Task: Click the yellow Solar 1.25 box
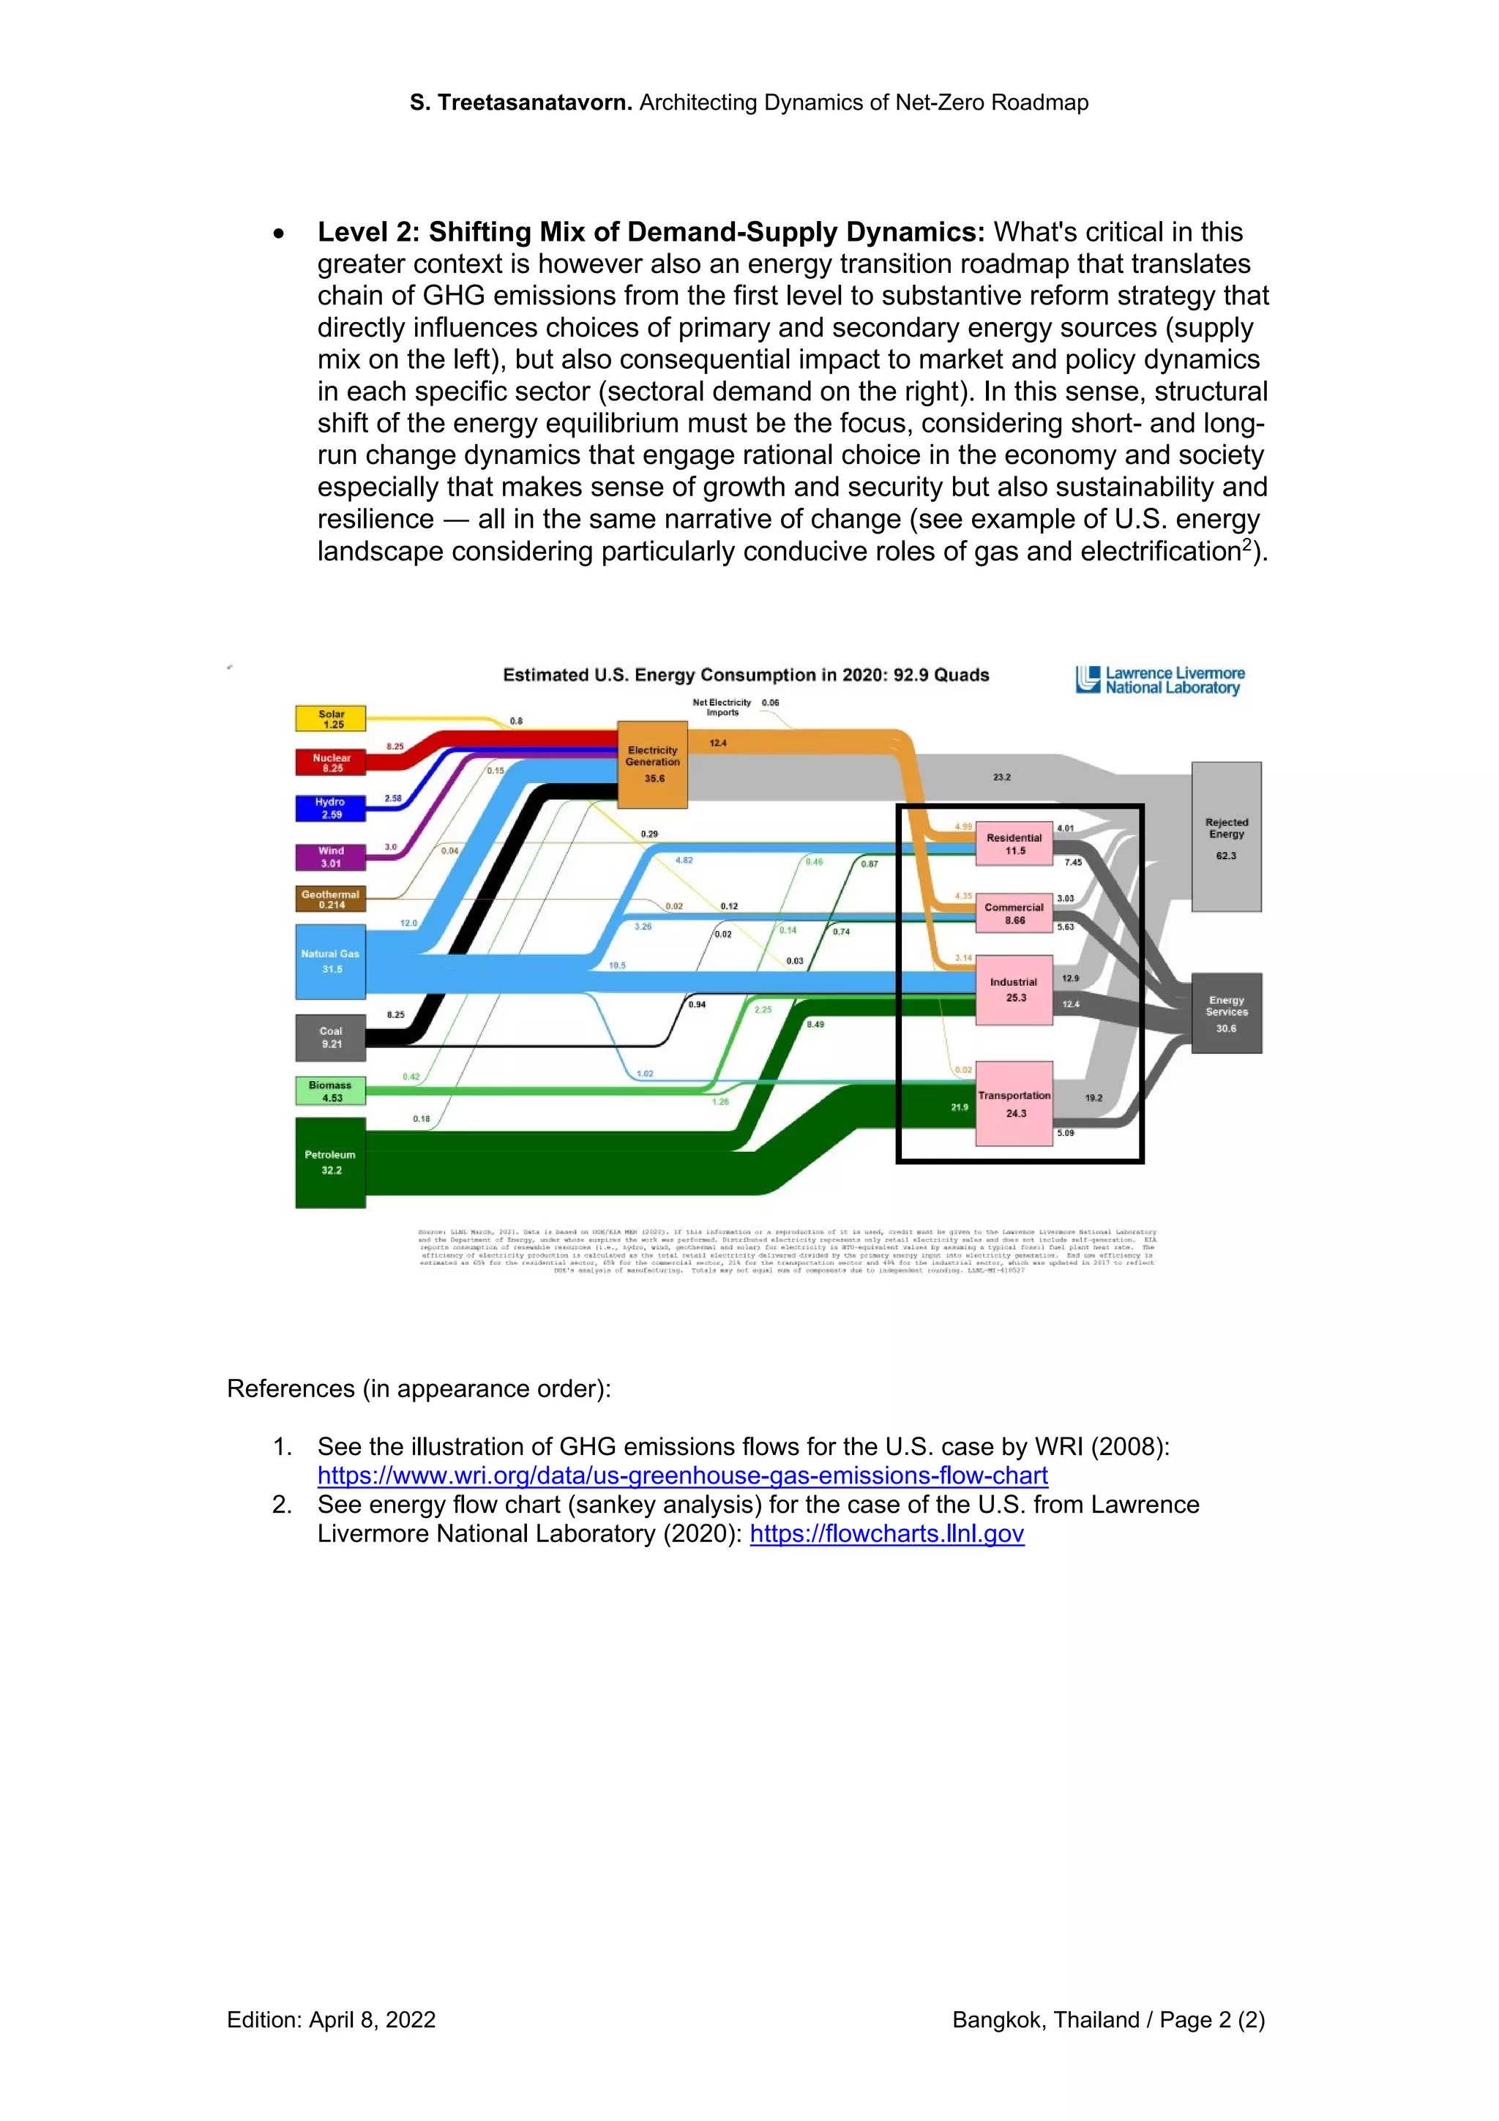coord(331,719)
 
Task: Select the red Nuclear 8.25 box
coord(331,762)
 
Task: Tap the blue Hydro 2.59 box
coord(331,808)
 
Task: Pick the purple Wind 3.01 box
coord(331,857)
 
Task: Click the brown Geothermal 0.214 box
coord(331,899)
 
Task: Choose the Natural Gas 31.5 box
coord(331,962)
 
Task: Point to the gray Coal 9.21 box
coord(331,1037)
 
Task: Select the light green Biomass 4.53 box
coord(331,1091)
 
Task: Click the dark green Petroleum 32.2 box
coord(331,1162)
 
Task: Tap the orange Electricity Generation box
coord(652,764)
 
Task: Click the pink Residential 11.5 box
coord(1014,843)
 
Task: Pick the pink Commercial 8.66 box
coord(1014,913)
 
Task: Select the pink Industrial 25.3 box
coord(1014,990)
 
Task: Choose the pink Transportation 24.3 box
coord(1014,1104)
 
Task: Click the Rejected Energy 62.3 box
coord(1225,837)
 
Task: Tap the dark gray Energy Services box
coord(1225,1014)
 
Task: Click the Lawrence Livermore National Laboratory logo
coord(1160,681)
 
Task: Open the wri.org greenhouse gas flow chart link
coord(683,1475)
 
